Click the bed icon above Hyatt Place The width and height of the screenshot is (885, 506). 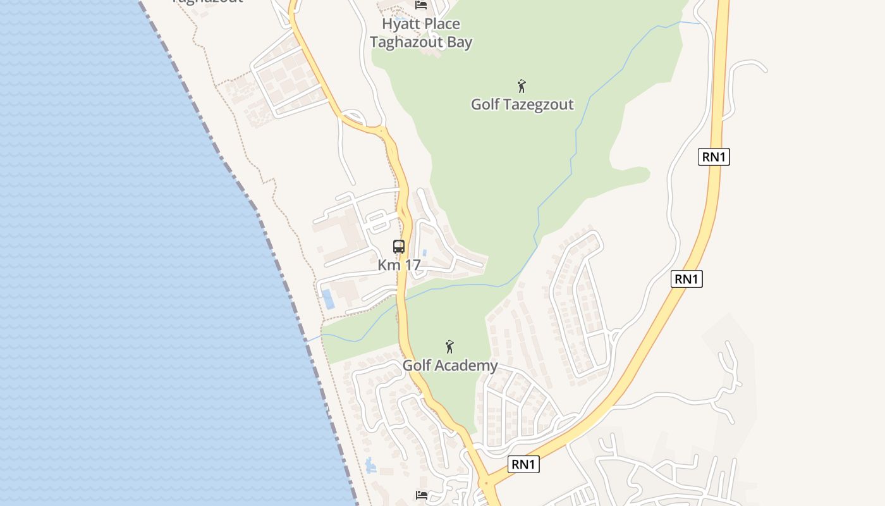point(421,5)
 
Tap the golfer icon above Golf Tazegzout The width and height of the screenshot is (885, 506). point(522,86)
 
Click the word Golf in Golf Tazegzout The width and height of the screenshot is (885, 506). point(485,104)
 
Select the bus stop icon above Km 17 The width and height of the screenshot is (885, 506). point(399,247)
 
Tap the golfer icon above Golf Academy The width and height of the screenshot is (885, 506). point(449,347)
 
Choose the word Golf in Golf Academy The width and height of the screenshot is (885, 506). point(417,366)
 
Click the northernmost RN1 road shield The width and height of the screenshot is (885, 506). point(714,157)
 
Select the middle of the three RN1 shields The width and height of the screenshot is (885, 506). point(687,279)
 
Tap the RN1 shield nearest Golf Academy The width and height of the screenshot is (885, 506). point(523,464)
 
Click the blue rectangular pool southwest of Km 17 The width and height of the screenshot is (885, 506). point(328,299)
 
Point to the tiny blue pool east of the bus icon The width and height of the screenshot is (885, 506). point(424,252)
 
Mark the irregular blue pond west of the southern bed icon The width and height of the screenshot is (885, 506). point(370,467)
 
